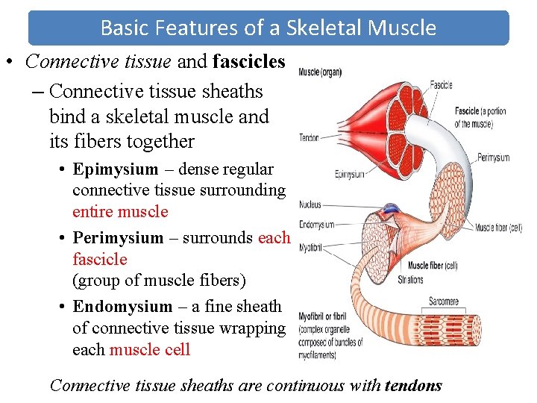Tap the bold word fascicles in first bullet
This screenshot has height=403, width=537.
[248, 62]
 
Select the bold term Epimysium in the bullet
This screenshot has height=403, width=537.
[116, 169]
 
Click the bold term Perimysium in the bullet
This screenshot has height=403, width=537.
[118, 238]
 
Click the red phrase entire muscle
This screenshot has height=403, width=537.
[120, 212]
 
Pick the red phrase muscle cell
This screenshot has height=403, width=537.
[150, 350]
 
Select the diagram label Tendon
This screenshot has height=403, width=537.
[309, 137]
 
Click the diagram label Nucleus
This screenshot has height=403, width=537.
[310, 204]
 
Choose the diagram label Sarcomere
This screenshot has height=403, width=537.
[443, 302]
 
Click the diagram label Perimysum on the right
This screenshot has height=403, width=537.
[493, 157]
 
